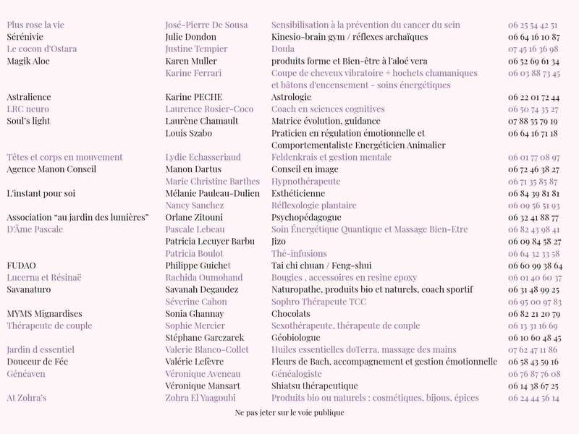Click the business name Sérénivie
25,37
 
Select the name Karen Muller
191,61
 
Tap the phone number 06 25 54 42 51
533,25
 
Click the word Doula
282,49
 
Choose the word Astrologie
291,97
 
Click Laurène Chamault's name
201,121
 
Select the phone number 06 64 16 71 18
533,133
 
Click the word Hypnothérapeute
305,182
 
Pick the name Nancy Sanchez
194,205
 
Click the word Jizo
279,242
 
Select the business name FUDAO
21,265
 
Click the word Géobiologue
295,338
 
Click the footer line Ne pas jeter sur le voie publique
289,413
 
